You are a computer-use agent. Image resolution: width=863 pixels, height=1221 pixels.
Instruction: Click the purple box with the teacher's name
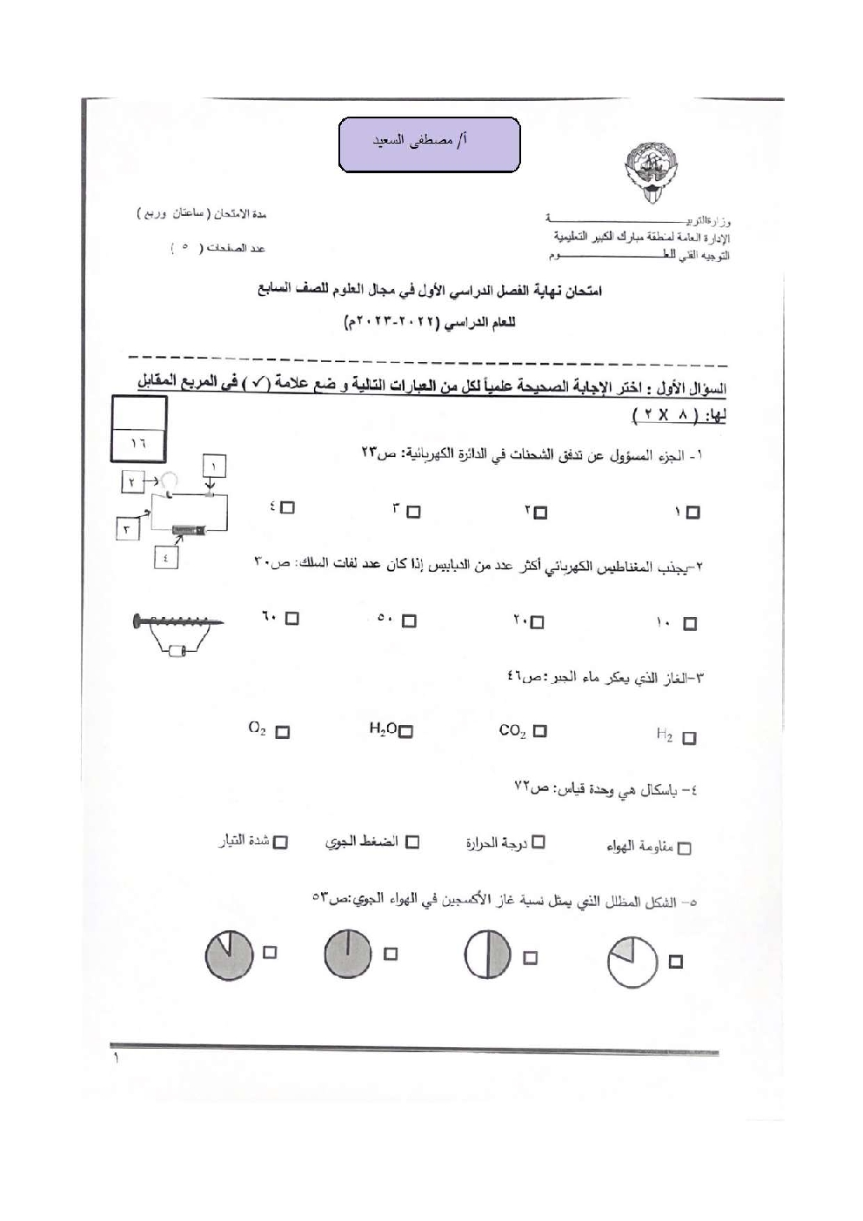[429, 144]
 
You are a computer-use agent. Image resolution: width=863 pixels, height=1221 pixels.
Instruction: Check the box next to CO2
[540, 731]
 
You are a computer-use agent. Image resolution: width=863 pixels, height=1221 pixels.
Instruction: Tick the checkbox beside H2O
[405, 732]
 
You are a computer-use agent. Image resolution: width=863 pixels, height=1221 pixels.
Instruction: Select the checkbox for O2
[282, 732]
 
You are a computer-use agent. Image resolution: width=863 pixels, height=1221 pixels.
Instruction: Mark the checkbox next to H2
[689, 738]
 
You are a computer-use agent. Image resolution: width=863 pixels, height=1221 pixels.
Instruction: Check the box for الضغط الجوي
[412, 842]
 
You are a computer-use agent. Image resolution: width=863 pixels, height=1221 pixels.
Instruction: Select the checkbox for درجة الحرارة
[539, 842]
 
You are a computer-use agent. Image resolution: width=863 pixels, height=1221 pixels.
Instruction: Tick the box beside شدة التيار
[280, 842]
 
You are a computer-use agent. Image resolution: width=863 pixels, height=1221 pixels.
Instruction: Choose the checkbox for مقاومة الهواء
[685, 848]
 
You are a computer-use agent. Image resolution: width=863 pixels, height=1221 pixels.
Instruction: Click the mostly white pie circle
[632, 962]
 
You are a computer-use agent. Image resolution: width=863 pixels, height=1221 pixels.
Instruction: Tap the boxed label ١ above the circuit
[214, 466]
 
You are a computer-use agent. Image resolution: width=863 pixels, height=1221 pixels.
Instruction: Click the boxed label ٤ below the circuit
[165, 557]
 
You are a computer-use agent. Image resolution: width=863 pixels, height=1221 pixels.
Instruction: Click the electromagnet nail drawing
[179, 621]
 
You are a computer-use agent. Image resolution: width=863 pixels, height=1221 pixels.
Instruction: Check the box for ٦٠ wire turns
[291, 619]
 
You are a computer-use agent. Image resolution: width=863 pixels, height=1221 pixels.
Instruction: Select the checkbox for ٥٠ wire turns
[410, 621]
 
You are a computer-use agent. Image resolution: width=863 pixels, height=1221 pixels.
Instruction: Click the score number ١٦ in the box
[138, 442]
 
